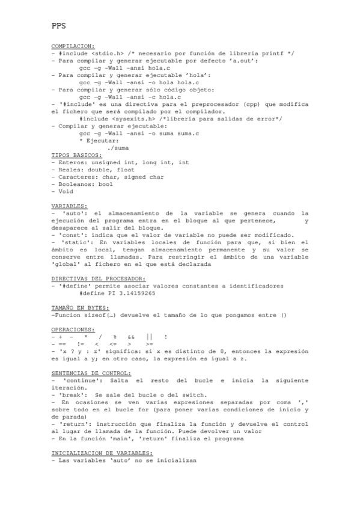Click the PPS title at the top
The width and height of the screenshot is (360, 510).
click(58, 26)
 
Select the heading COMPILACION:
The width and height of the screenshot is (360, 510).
click(73, 46)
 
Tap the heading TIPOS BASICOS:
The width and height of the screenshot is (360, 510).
click(76, 155)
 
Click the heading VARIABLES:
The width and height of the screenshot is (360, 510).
click(69, 206)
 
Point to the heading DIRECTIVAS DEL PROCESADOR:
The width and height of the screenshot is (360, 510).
click(98, 278)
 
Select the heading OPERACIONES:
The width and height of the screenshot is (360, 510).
click(73, 330)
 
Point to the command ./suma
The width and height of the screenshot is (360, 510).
click(117, 147)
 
